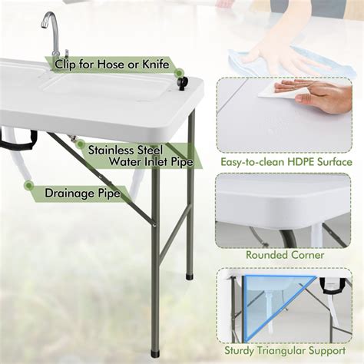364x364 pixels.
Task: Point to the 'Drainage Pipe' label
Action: click(82, 194)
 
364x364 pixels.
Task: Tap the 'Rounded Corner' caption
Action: click(285, 255)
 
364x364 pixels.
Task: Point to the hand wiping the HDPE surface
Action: click(323, 94)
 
